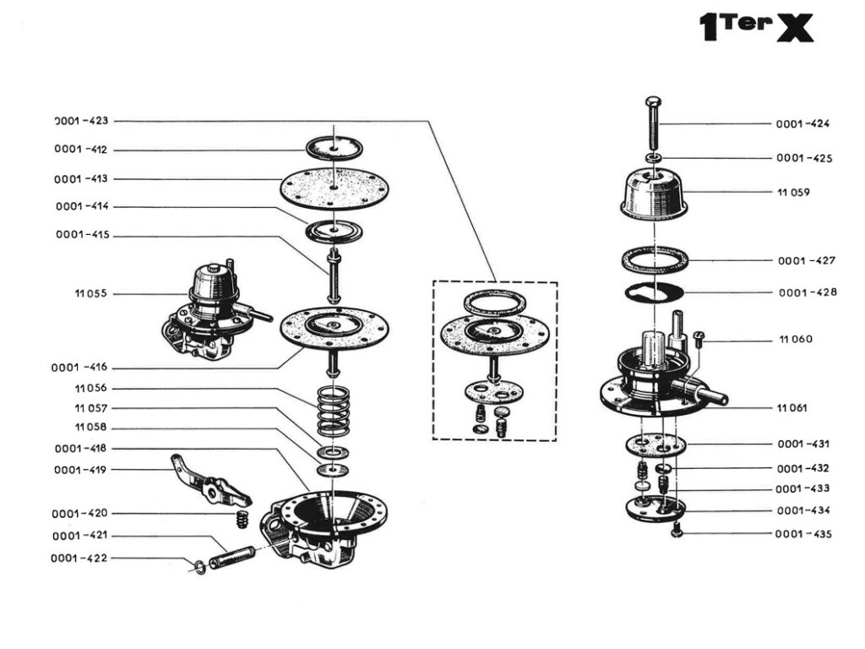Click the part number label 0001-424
point(802,124)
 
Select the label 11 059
point(793,193)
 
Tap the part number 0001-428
point(808,293)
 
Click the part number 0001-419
point(80,470)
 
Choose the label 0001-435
point(804,534)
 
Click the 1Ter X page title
point(756,27)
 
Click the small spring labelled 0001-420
point(242,518)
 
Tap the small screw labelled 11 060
point(699,338)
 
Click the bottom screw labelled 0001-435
point(676,532)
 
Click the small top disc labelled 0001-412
point(335,147)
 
